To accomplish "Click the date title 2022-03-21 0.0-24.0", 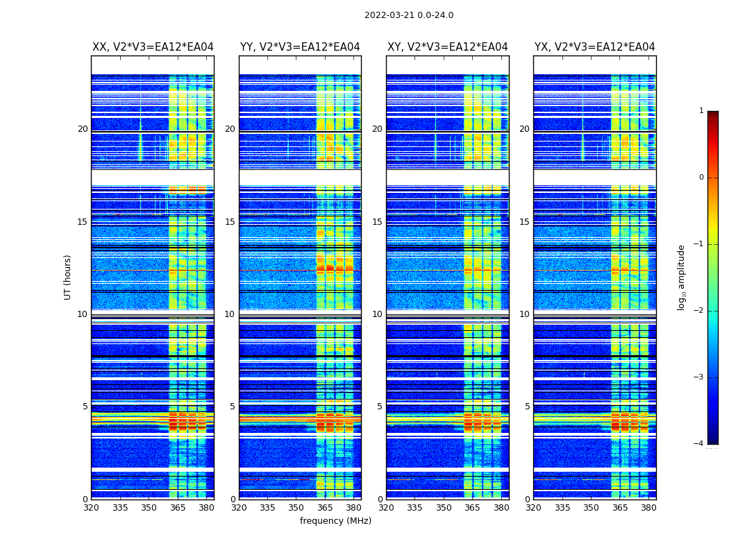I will point(409,15).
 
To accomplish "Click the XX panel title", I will point(153,47).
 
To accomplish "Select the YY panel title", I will point(300,47).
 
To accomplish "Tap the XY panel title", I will point(447,47).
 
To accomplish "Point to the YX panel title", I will point(594,47).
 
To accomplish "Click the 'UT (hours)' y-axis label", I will point(68,277).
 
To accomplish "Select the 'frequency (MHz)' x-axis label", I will point(335,521).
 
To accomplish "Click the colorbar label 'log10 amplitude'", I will point(682,277).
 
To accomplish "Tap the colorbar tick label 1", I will point(701,111).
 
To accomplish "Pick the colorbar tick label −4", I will point(699,444).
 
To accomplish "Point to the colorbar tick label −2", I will point(699,311).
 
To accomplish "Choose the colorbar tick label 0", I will point(701,178).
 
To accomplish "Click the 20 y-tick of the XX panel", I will point(83,129).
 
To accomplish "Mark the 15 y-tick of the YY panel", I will point(230,222).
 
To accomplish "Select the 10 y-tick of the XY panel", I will point(377,314).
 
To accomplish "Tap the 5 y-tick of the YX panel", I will point(527,407).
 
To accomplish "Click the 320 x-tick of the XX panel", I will point(91,508).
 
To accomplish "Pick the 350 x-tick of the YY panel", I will point(296,508).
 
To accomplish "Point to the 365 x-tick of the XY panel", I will point(472,508).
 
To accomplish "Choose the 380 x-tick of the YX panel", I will point(648,508).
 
